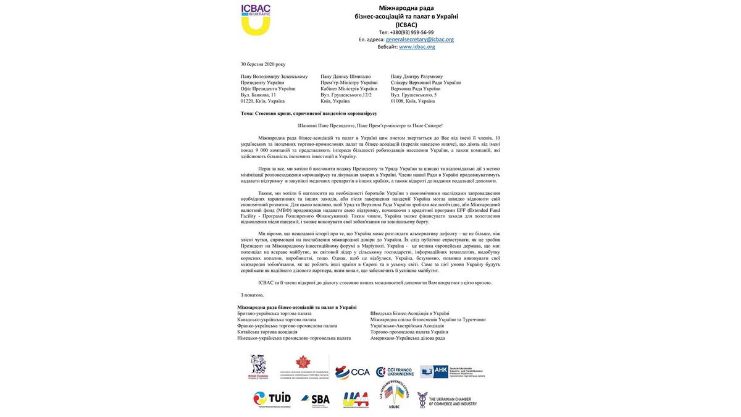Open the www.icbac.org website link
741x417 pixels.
tap(417, 47)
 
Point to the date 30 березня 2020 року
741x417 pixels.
tap(263, 64)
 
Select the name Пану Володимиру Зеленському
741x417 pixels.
tap(274, 77)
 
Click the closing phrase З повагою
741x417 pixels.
tap(252, 295)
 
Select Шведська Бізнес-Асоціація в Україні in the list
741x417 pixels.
tap(410, 314)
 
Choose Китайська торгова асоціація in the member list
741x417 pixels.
tap(267, 332)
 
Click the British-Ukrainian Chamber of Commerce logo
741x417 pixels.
tap(258, 367)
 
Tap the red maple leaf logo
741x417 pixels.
tap(302, 363)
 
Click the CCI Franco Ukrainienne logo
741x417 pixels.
tap(395, 372)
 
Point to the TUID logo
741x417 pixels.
tap(272, 399)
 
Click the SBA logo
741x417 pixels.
tap(316, 399)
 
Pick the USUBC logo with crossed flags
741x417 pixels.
tap(395, 395)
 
